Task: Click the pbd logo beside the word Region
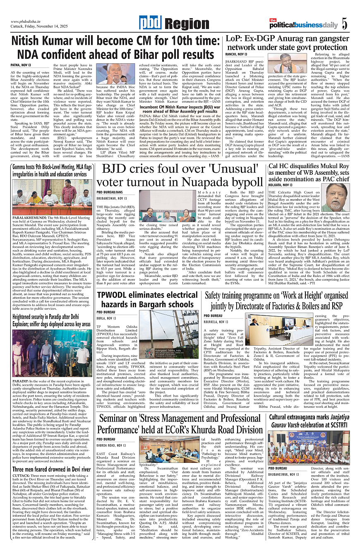point(150,24)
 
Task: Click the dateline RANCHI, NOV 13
point(236,54)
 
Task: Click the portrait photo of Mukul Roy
point(335,197)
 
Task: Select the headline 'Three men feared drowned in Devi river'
point(51,469)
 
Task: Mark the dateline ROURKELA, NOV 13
point(217,321)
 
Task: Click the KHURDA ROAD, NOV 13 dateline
point(111,445)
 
